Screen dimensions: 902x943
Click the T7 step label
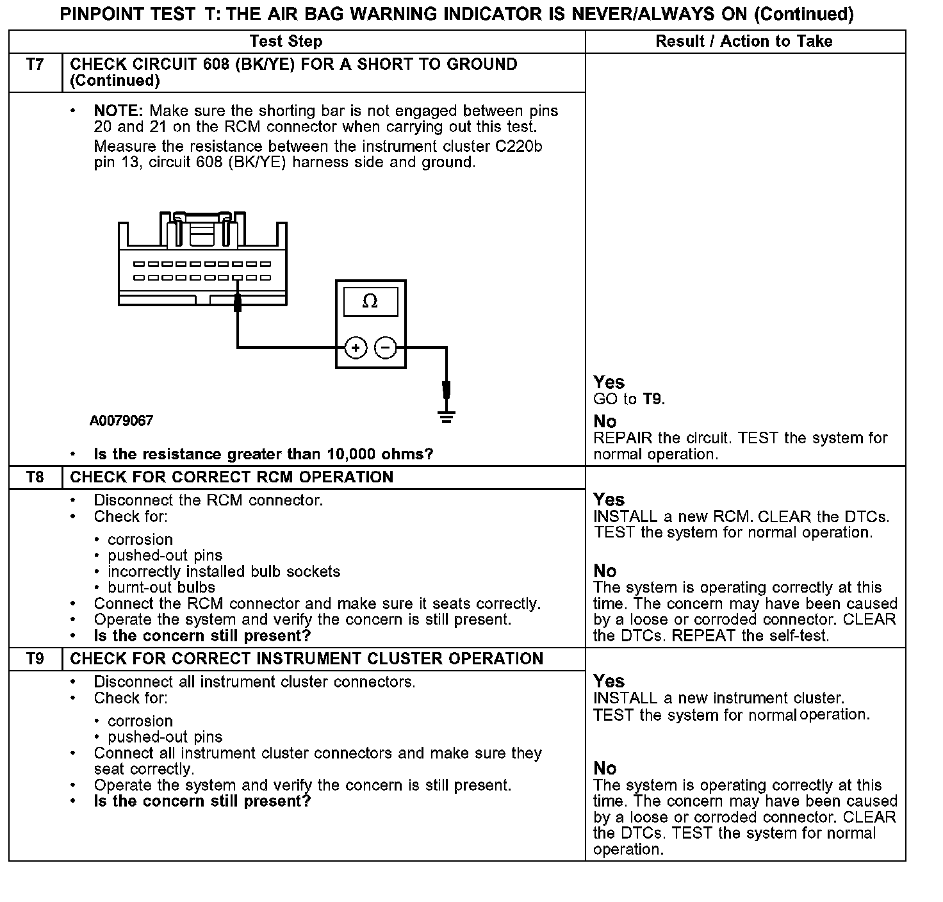coord(35,64)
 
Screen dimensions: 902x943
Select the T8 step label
coord(35,477)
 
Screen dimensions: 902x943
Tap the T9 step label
coord(35,659)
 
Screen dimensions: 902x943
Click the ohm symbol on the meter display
coord(370,301)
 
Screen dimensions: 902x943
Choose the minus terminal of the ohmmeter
coord(385,348)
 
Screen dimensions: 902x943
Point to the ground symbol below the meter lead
coord(447,417)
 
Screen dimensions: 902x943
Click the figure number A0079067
coord(122,421)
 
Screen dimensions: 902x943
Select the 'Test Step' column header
coord(286,42)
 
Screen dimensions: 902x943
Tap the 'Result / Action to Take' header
coord(744,42)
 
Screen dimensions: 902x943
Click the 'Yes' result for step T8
coord(609,500)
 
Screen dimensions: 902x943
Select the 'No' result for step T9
coord(605,768)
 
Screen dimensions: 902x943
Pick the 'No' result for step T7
coord(605,422)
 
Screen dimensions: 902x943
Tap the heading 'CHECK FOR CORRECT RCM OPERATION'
coord(231,477)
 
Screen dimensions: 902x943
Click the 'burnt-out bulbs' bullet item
coord(161,587)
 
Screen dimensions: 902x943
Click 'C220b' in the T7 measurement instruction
coord(518,147)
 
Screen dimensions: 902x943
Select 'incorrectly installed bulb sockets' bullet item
coord(224,571)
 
